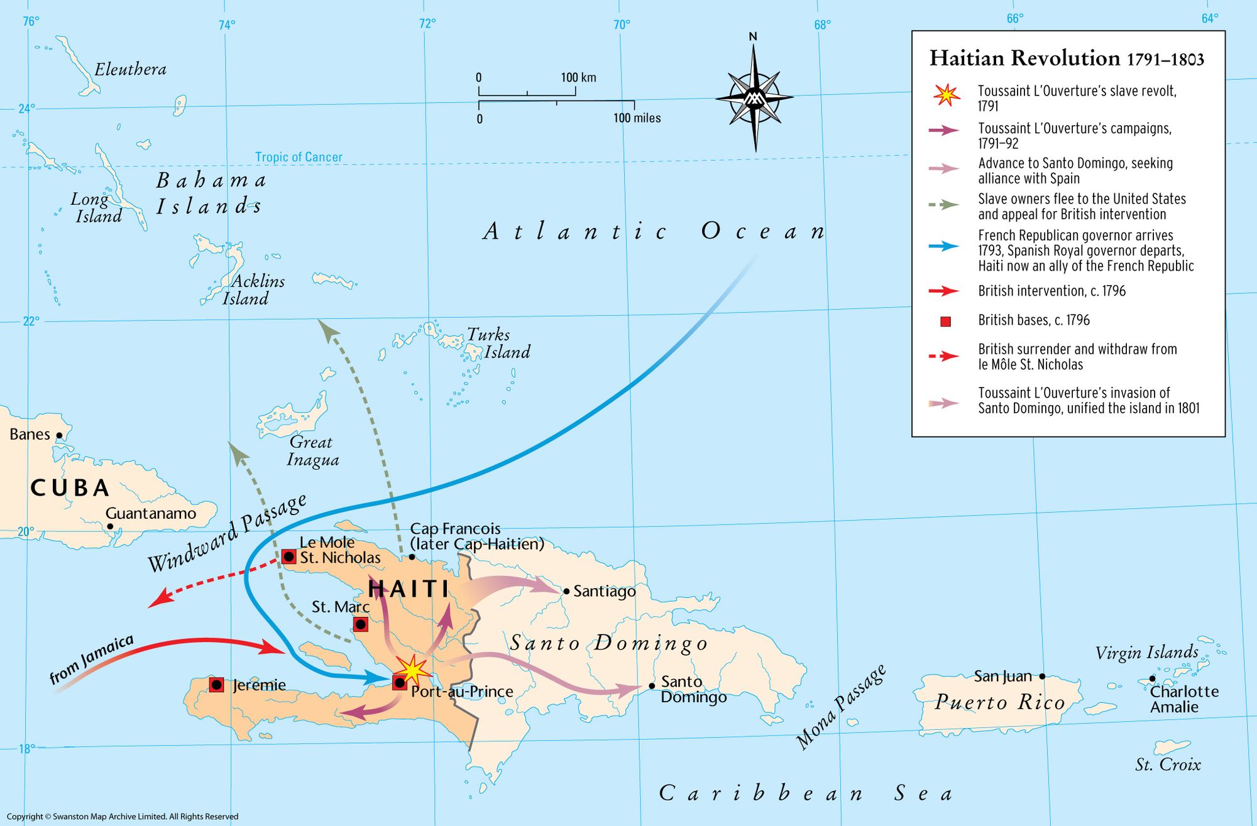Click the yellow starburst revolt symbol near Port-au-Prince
pos(412,670)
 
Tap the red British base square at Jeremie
pos(217,685)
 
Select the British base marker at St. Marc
pos(361,624)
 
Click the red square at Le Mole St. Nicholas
pos(288,557)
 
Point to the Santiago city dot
pos(566,591)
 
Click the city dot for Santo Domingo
pos(652,686)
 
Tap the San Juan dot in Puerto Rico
pos(1042,677)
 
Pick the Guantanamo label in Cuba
pos(151,513)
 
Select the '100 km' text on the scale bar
pos(578,77)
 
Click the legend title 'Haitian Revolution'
pos(1024,58)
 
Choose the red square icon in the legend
pos(945,322)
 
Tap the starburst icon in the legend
pos(947,95)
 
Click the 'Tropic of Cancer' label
pos(299,157)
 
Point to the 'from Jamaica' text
pos(92,659)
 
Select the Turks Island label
pos(498,343)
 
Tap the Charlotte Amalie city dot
pos(1152,678)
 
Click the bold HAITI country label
pos(409,589)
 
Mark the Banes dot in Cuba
pos(60,435)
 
